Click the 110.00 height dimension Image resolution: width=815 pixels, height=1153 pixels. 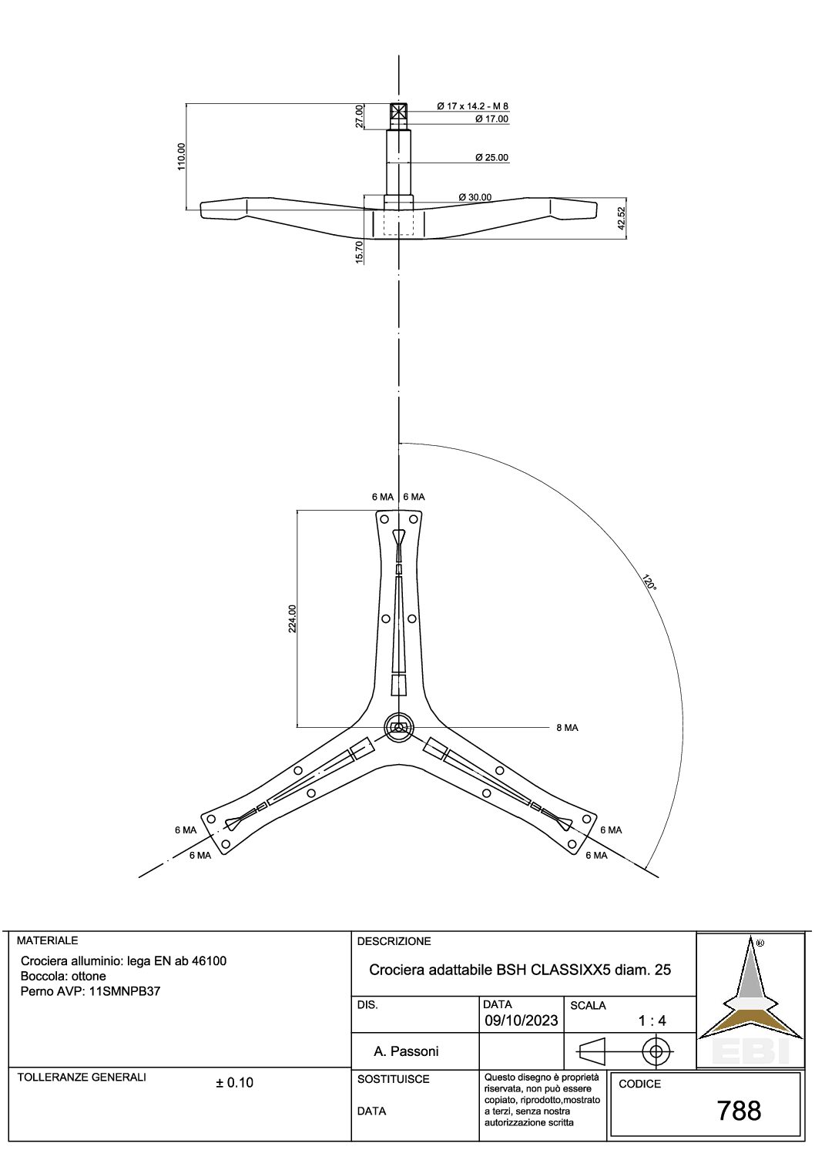click(x=182, y=156)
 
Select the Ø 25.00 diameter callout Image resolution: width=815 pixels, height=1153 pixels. click(x=491, y=158)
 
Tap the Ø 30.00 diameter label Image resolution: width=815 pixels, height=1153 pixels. click(x=475, y=197)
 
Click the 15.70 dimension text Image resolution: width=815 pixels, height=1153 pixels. click(x=360, y=252)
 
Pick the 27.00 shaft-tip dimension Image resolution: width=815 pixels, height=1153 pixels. click(x=360, y=116)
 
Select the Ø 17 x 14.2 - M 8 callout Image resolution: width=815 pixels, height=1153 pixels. click(x=473, y=106)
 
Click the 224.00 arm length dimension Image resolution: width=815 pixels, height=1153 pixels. click(x=293, y=618)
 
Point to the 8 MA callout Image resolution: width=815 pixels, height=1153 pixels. click(x=567, y=728)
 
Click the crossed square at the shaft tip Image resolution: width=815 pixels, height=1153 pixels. click(x=399, y=111)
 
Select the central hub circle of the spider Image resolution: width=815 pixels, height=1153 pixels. click(x=399, y=727)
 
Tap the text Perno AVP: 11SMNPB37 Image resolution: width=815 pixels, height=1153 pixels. click(x=91, y=990)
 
